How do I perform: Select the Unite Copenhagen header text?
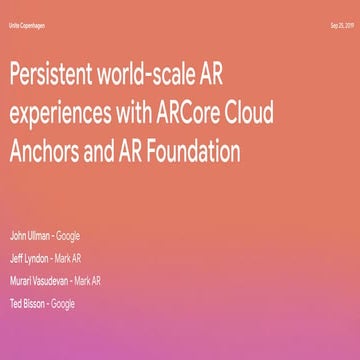28,25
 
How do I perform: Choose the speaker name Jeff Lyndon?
28,258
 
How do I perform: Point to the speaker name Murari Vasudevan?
38,280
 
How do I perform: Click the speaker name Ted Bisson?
26,302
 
